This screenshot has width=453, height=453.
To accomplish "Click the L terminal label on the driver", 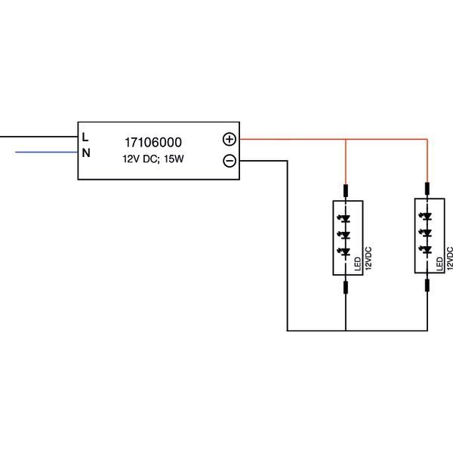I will pos(85,137).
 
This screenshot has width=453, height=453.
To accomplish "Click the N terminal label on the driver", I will pos(86,153).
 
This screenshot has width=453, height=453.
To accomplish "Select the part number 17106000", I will pos(153,142).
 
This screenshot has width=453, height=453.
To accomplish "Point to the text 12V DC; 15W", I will pos(153,159).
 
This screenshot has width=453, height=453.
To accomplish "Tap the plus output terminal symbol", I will pos(230,139).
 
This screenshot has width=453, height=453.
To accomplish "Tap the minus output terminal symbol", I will pos(230,161).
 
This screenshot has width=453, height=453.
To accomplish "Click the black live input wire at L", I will pos(38,137).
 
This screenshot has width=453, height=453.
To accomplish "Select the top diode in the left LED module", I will pos(345,220).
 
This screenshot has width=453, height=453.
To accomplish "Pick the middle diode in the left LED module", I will pos(345,236).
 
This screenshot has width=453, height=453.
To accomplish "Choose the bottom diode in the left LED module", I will pos(345,251).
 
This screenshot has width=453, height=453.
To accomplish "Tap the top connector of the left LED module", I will pos(345,190).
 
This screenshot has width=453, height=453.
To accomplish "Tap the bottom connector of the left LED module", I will pos(345,286).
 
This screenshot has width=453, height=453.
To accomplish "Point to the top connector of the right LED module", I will pos(427,188).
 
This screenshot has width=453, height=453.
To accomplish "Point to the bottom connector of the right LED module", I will pos(427,284).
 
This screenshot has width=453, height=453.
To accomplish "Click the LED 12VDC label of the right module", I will pos(445,259).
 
